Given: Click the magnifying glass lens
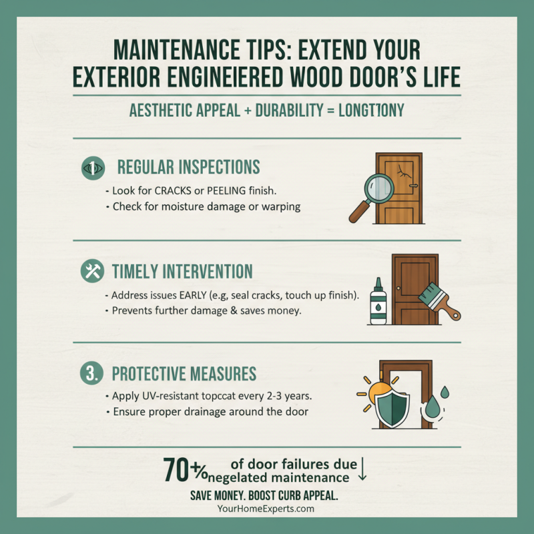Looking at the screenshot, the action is coord(379,189).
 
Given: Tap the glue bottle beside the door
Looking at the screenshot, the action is coord(378,301).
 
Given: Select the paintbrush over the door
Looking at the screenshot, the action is coord(439,301).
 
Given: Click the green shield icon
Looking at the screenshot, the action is coord(392,409).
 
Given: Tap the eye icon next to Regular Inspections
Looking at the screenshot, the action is coord(93,168).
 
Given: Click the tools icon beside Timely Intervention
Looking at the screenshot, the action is coord(92,271).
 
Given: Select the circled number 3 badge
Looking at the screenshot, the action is coord(91,373).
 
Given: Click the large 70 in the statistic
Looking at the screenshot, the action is coord(176,470).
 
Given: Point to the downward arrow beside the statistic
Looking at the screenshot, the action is coord(362,469).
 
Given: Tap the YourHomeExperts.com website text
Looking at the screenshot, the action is coord(266,509).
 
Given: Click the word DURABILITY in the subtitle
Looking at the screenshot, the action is coord(289,110).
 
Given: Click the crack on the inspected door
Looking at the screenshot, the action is coord(403,172).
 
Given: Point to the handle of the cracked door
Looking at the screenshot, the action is coord(413,186).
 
